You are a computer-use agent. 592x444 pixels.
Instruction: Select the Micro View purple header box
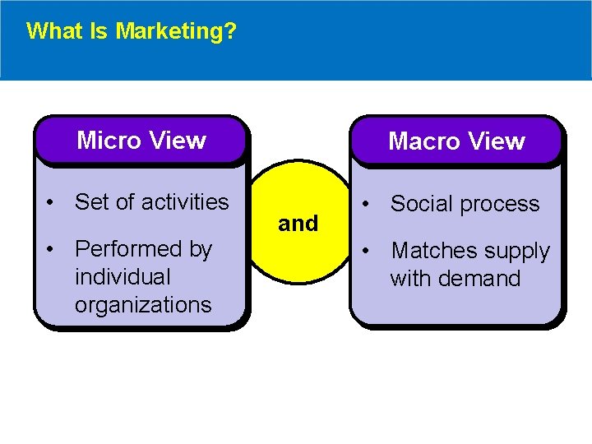pos(141,140)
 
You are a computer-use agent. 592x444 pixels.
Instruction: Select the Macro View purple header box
pos(456,141)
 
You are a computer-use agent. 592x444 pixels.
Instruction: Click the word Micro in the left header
pos(109,141)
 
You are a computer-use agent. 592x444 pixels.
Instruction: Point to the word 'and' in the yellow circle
pos(298,224)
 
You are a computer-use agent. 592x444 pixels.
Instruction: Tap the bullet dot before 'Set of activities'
pos(51,202)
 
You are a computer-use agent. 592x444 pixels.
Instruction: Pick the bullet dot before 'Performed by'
pos(51,249)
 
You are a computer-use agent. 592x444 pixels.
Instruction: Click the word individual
pos(122,277)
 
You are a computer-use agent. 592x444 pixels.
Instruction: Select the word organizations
pos(143,305)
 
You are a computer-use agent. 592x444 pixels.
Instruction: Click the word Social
pos(419,204)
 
